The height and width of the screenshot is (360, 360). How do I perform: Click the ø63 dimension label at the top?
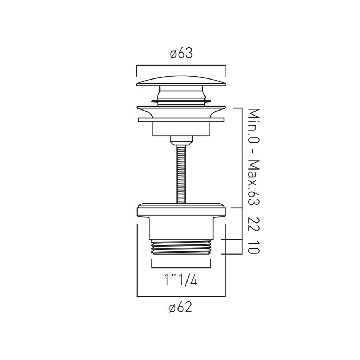[181, 54]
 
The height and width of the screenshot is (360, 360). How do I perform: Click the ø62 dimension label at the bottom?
[181, 308]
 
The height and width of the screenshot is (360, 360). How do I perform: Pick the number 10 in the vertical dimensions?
[254, 248]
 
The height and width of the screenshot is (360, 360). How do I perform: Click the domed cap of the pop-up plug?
[181, 81]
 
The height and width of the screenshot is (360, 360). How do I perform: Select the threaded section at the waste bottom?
[181, 247]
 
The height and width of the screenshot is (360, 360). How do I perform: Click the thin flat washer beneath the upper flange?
[181, 119]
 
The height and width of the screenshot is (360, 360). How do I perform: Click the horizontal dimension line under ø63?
[181, 65]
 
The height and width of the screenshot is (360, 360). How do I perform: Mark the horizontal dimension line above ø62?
[181, 296]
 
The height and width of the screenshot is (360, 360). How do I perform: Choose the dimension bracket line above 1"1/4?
[181, 268]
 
